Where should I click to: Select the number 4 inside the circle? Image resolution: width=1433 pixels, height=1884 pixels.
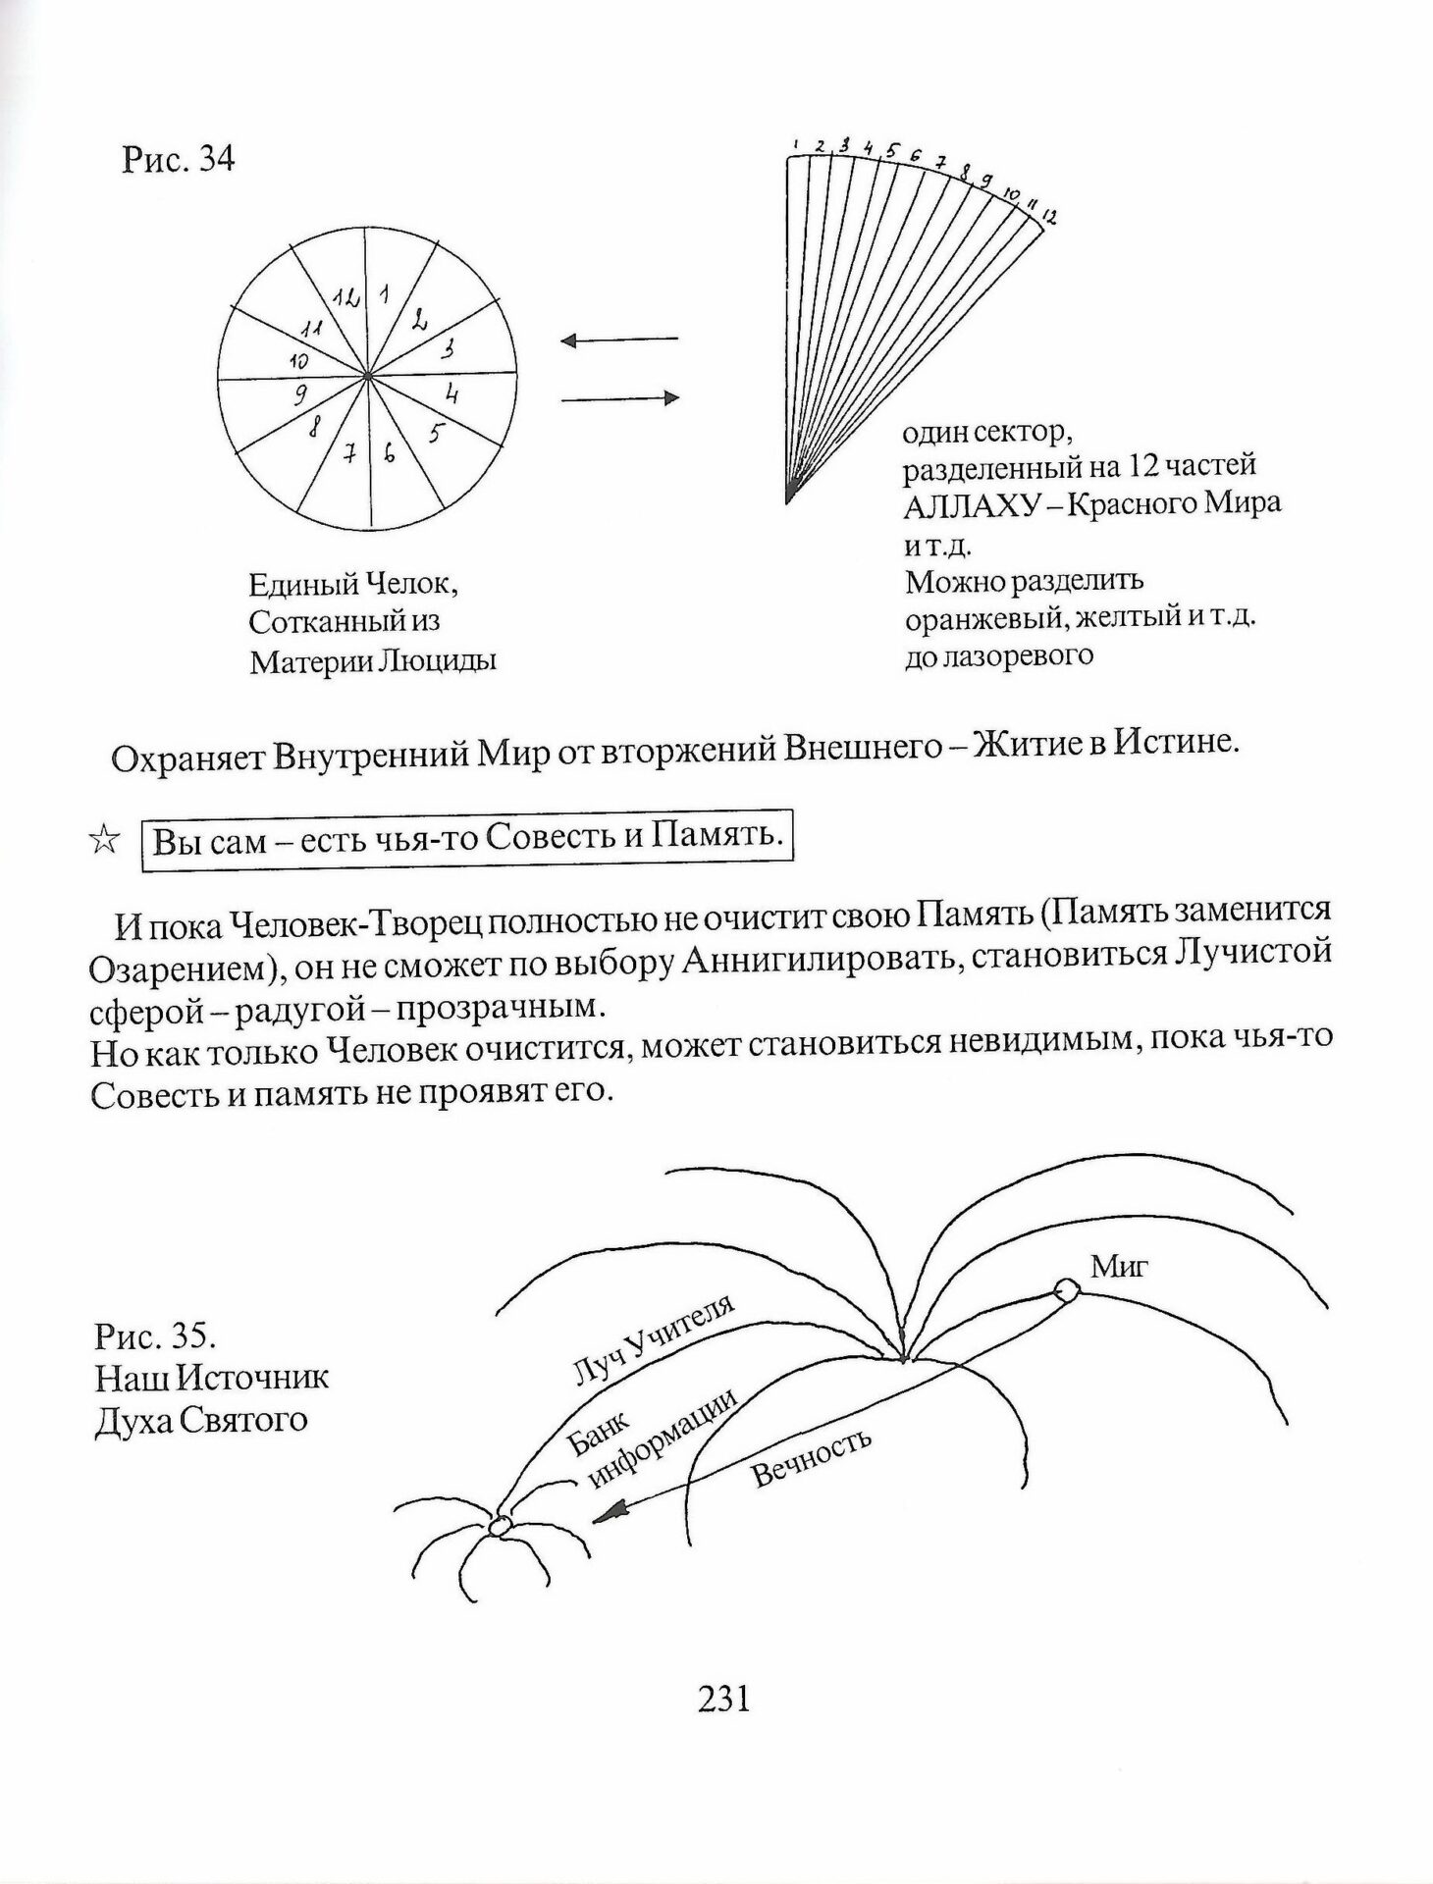452,394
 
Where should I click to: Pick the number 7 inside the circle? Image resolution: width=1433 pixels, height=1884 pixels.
347,453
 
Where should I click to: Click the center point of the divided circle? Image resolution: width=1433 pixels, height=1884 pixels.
366,374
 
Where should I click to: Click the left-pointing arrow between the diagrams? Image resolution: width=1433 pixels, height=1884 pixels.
618,340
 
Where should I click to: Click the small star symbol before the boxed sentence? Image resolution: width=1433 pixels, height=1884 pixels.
104,839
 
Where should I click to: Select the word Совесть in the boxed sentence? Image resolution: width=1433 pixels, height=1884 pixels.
544,837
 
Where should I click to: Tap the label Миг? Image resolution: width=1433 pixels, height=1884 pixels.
1119,1267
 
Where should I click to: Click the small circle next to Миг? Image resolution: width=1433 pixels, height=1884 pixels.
1065,1289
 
